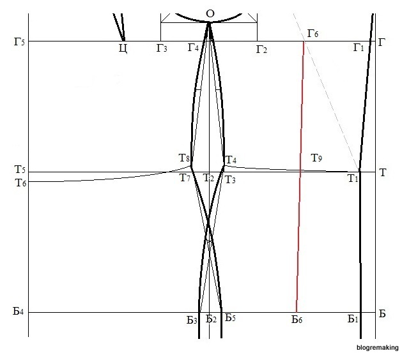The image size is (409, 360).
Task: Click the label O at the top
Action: point(210,13)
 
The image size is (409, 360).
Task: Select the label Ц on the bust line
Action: point(123,48)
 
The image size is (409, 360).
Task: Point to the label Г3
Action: point(162,49)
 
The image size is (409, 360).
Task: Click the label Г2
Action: point(261,49)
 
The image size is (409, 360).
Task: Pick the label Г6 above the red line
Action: point(313,33)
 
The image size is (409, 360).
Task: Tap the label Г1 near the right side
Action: point(359,48)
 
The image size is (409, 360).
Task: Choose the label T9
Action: point(317,158)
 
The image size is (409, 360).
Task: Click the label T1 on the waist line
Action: point(353,179)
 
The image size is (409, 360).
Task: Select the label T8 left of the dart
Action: point(184,158)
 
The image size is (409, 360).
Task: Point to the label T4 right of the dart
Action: point(231,160)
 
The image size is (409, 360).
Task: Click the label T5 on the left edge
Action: point(20,170)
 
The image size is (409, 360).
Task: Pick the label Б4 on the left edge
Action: point(18,312)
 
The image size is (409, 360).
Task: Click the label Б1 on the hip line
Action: point(353,319)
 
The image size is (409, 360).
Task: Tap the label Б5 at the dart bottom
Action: point(230,319)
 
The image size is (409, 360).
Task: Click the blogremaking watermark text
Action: point(378,348)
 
